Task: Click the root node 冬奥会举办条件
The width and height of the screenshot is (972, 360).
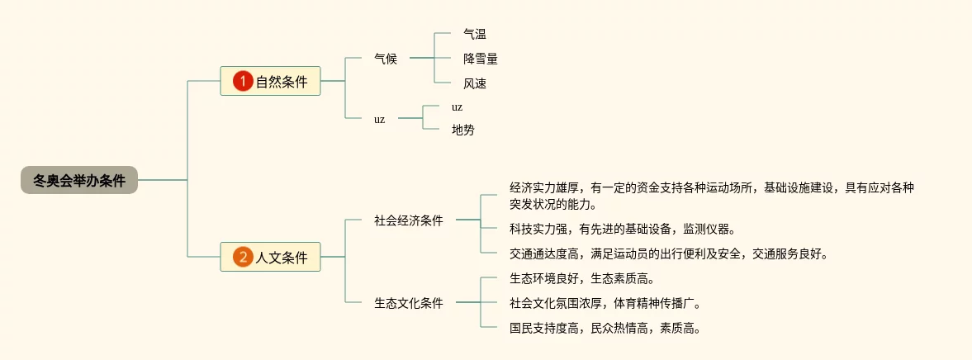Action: point(79,180)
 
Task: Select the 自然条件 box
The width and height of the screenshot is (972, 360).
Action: point(270,81)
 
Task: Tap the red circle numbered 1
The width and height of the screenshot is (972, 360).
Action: point(242,81)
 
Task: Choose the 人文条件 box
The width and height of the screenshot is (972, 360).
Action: point(270,257)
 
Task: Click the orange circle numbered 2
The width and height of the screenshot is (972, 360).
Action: point(242,257)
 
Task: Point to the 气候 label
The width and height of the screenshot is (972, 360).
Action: point(386,59)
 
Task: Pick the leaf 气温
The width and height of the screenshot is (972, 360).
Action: point(475,34)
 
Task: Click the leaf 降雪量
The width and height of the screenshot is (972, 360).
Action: point(481,59)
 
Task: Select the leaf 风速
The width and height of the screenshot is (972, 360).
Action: point(475,83)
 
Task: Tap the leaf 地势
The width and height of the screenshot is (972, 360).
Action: point(463,130)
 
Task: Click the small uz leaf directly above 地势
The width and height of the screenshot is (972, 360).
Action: point(457,107)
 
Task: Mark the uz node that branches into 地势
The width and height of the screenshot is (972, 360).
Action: point(379,118)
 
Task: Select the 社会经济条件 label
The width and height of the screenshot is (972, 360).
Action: point(409,220)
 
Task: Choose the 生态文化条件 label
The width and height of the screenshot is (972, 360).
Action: point(409,303)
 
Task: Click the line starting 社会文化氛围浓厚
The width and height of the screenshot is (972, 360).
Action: point(605,303)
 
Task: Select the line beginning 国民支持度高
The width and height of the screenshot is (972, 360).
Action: point(605,328)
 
